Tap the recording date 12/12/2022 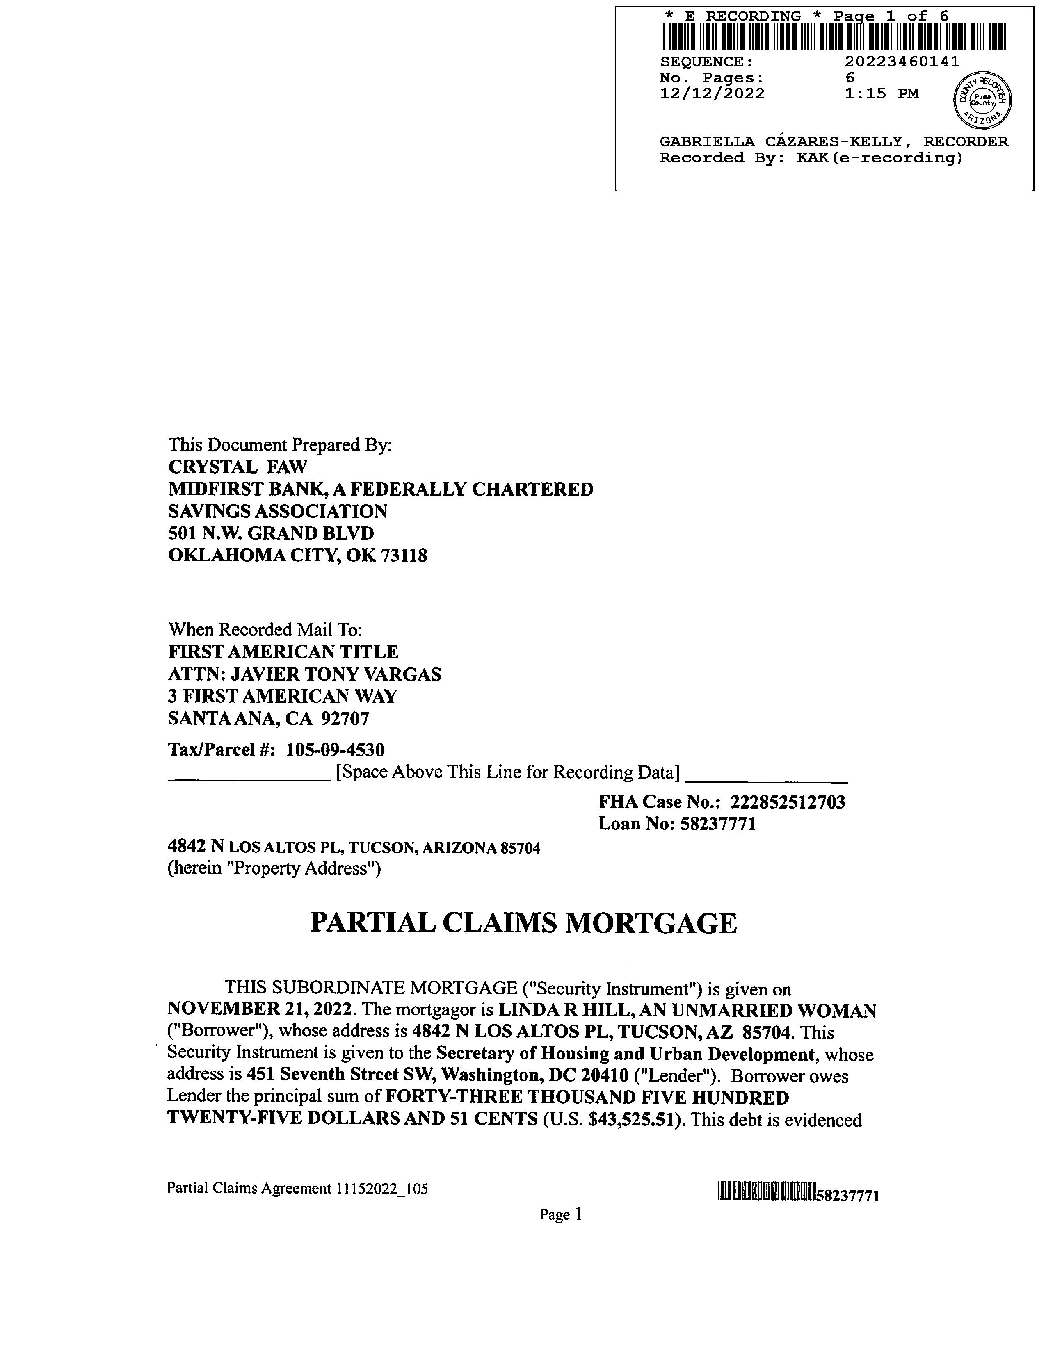pyautogui.click(x=712, y=93)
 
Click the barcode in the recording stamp pyautogui.click(x=834, y=36)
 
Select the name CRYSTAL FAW pyautogui.click(x=238, y=467)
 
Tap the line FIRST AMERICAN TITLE pyautogui.click(x=283, y=652)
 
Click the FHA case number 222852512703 pyautogui.click(x=788, y=802)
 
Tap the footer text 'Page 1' pyautogui.click(x=560, y=1215)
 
